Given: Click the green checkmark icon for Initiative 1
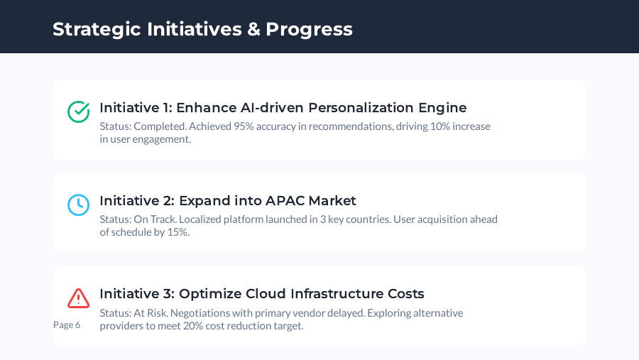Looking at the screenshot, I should pos(78,111).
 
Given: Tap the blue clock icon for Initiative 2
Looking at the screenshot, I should pos(78,204).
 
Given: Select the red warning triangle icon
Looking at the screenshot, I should pos(78,298).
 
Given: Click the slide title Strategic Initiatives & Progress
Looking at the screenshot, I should pos(202,29).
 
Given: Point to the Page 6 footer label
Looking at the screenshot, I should pos(67,324).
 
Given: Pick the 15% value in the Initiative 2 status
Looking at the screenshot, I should pos(177,232).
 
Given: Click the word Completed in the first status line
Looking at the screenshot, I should pos(160,126).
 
